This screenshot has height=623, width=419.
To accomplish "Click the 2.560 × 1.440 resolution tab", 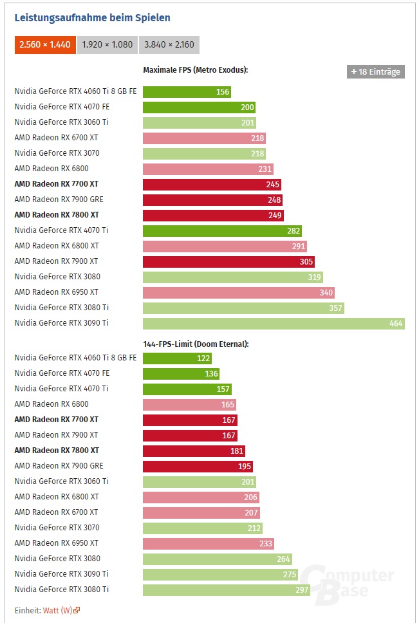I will click(44, 45).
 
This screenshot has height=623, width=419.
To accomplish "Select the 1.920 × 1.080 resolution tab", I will click(107, 45).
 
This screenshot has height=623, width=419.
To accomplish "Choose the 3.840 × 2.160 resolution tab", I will click(169, 45).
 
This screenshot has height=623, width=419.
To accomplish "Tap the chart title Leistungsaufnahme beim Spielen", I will click(92, 18).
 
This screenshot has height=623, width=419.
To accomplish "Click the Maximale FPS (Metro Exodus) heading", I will click(195, 70).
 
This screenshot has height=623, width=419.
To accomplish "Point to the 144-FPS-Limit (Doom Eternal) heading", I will click(195, 344).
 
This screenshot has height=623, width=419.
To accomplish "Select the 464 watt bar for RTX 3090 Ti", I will click(273, 323).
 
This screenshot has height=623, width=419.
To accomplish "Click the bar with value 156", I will click(187, 91).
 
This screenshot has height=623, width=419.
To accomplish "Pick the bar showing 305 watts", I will click(228, 261).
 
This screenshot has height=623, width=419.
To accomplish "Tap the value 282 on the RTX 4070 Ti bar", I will click(293, 230).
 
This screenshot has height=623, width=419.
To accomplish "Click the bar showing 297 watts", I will click(226, 590).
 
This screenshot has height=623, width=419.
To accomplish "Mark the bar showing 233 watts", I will click(208, 543).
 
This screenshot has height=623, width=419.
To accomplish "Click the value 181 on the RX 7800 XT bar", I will click(237, 451).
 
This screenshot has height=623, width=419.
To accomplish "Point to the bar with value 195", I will click(198, 466).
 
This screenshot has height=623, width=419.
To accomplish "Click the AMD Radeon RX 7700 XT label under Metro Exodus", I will click(56, 184).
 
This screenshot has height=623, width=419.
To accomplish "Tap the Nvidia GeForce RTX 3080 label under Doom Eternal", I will click(57, 559).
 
